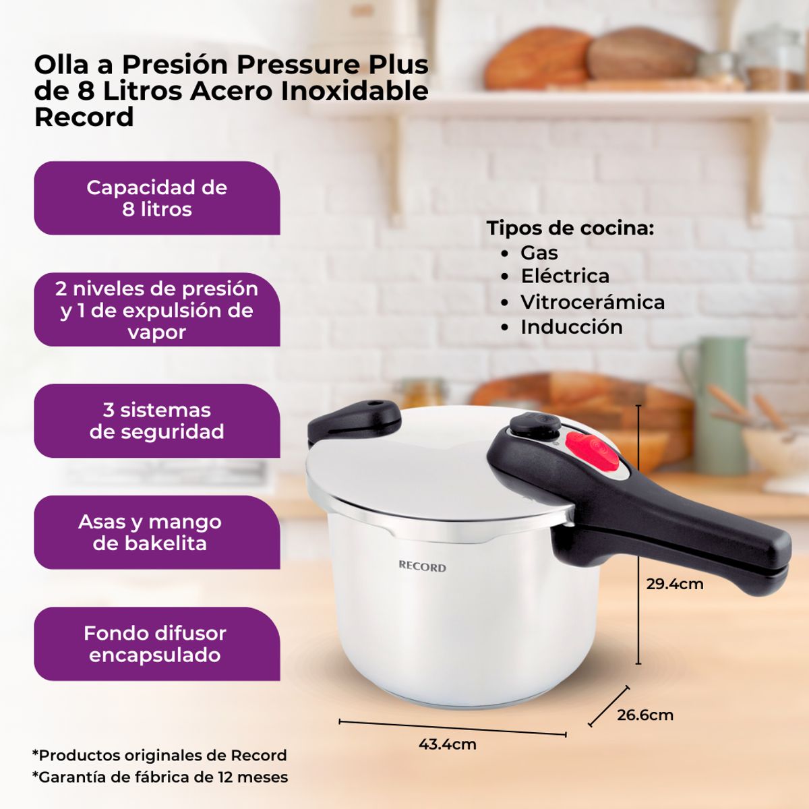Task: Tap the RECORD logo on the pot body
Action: (x=422, y=567)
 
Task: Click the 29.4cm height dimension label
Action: (x=674, y=584)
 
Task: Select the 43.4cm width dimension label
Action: (x=447, y=744)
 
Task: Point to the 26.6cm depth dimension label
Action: (x=645, y=715)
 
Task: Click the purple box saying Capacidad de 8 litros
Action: (x=157, y=198)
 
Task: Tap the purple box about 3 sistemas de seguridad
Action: (x=157, y=421)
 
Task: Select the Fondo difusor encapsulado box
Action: (x=157, y=644)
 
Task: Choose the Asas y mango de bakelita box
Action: (x=157, y=533)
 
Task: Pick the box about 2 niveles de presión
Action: (x=157, y=309)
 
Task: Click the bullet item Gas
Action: (x=539, y=253)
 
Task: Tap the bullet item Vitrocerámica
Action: (x=592, y=302)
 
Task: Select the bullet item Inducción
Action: (x=571, y=327)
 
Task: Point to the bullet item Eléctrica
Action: (x=564, y=276)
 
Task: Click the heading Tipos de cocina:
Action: (x=570, y=228)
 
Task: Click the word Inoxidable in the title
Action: (x=355, y=90)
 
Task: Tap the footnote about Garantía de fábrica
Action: (x=160, y=777)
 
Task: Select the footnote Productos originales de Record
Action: (x=160, y=755)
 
